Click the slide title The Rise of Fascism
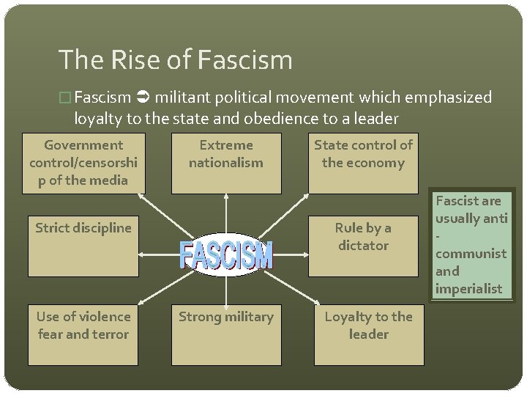[x=175, y=60]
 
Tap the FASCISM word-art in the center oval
[x=226, y=255]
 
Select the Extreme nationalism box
[x=226, y=163]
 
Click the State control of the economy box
[x=363, y=163]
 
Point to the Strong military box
[x=226, y=334]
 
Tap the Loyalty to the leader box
[x=369, y=334]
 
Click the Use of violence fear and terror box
[x=83, y=334]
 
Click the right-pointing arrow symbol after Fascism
[x=143, y=97]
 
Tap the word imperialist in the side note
[x=468, y=288]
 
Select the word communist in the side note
[x=471, y=253]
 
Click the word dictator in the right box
[x=363, y=245]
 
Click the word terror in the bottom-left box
[x=110, y=334]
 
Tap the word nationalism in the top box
[x=226, y=163]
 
